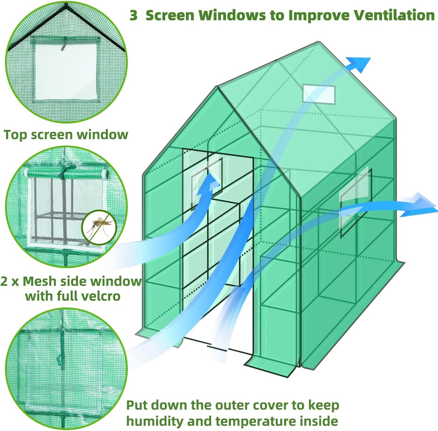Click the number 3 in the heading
coord(133,15)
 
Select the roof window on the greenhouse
coord(319,94)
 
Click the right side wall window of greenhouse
coord(356,202)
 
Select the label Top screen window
coord(66,135)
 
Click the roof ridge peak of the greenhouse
coord(318,43)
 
